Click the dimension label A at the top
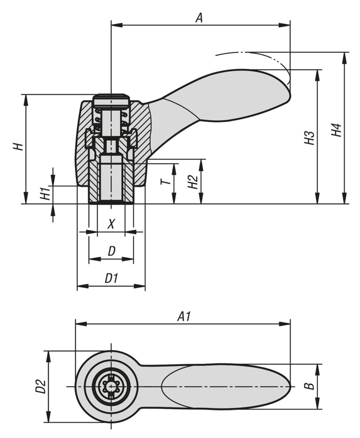[199, 17]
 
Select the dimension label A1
[184, 316]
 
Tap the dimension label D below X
[112, 251]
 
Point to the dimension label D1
[112, 278]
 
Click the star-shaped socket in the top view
[111, 386]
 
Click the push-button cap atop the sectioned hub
[111, 100]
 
